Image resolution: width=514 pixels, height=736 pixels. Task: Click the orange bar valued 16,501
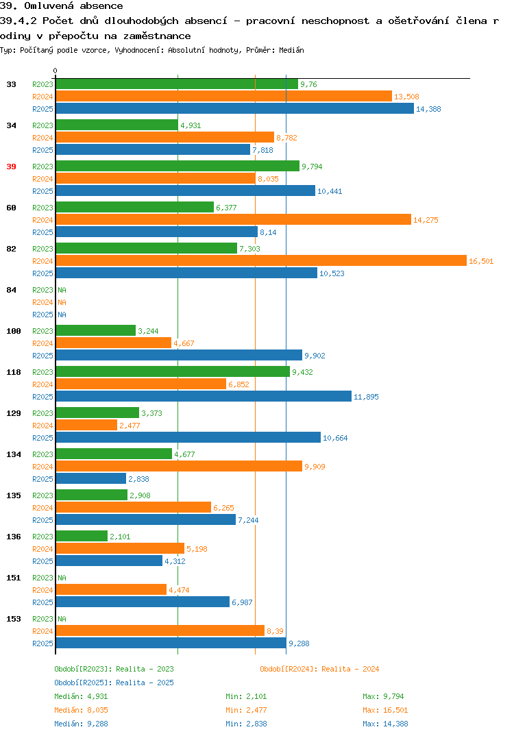[x=261, y=261]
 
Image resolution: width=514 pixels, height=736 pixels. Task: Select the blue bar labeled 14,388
[x=234, y=109]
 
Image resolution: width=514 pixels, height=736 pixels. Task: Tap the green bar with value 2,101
[x=82, y=537]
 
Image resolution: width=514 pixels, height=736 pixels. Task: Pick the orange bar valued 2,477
[x=86, y=426]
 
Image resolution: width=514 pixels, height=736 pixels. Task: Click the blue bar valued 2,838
[x=91, y=479]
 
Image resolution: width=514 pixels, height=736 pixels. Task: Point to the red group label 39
[x=11, y=167]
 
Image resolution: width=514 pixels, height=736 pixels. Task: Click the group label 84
[x=11, y=290]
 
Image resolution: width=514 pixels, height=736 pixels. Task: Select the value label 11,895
[x=366, y=397]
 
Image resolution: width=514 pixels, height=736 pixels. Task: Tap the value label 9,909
[x=315, y=467]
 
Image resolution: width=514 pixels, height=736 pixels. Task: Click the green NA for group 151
[x=62, y=578]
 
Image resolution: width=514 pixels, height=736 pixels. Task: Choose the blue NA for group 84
[x=62, y=315]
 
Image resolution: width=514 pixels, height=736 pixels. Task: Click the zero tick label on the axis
[x=56, y=71]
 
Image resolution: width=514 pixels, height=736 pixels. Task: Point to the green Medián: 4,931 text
[x=81, y=696]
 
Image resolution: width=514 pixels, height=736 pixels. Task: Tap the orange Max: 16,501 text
[x=385, y=710]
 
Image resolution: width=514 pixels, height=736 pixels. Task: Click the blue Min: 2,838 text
[x=246, y=724]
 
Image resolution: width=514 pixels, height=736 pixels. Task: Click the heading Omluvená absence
[x=74, y=6]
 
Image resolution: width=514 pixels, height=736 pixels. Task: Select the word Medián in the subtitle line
[x=291, y=50]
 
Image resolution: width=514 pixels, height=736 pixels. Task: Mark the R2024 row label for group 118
[x=42, y=384]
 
